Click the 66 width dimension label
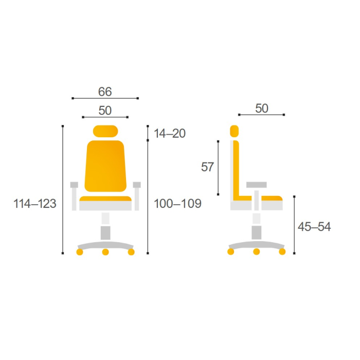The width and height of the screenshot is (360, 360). click(105, 92)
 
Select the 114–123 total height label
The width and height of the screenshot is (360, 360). click(35, 204)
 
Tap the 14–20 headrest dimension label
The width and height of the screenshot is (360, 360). click(170, 133)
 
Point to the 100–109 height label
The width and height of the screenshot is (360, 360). click(177, 204)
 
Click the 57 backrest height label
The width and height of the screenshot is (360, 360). click(207, 167)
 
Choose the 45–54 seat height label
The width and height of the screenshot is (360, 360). click(314, 227)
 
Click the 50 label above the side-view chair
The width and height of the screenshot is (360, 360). click(262, 109)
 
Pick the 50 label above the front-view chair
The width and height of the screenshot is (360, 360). click(105, 111)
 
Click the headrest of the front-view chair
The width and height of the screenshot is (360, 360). click(105, 131)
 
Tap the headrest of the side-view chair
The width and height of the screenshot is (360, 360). click(235, 131)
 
